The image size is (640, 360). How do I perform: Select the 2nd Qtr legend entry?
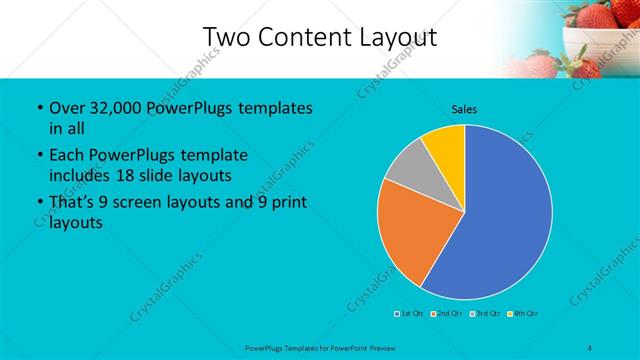coord(447,314)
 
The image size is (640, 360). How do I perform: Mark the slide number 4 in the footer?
coord(592,348)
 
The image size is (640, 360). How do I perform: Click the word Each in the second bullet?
coord(66,156)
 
